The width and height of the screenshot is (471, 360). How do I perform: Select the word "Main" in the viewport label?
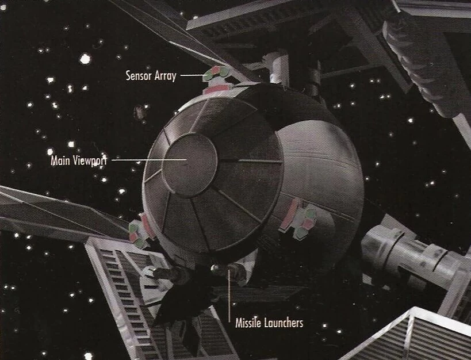62,160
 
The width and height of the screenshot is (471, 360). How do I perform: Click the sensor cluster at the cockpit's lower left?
139,232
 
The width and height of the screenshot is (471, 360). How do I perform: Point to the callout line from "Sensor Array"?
191,75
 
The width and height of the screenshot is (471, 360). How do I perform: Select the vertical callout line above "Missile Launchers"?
231,293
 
